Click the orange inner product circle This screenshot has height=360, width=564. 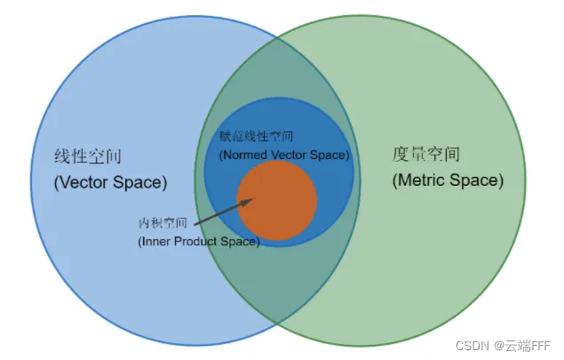click(x=277, y=201)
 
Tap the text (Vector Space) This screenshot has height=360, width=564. click(x=110, y=183)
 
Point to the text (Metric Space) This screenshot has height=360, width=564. click(x=448, y=180)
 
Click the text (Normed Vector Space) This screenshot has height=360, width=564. click(x=284, y=154)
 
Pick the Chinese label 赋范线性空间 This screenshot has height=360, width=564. click(x=256, y=137)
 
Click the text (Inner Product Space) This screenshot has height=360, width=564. click(x=199, y=241)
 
